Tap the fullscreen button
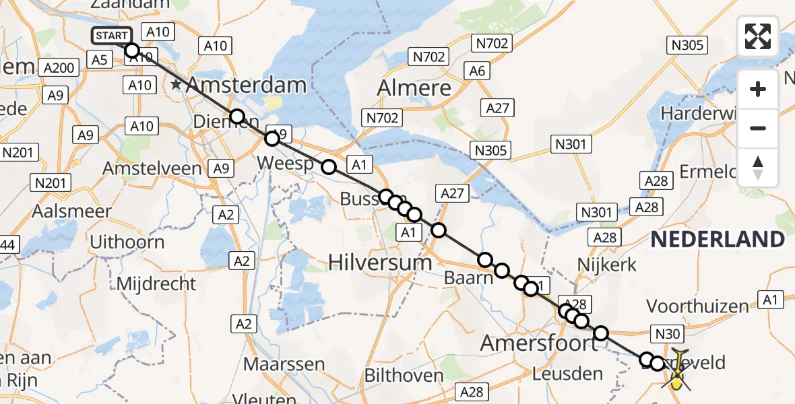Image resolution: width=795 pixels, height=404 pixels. pos(758,36)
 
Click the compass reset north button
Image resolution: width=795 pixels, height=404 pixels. pos(758,168)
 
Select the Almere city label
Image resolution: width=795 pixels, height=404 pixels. pos(414,88)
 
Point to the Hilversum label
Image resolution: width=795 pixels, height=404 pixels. pos(380,262)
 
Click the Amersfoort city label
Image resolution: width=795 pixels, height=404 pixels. pos(538,344)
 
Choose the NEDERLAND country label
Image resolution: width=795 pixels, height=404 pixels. pos(718,239)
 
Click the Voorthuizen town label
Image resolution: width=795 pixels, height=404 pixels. pos(697,306)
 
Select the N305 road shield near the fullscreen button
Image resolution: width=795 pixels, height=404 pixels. pos(687,45)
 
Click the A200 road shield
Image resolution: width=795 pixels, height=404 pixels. pos(61,67)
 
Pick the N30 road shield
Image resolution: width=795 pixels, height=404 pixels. pos(668,333)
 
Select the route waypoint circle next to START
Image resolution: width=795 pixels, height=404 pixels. pos(132,50)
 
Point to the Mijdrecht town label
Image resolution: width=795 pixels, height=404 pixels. pos(156,283)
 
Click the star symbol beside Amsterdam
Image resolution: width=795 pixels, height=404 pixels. pos(177,85)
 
